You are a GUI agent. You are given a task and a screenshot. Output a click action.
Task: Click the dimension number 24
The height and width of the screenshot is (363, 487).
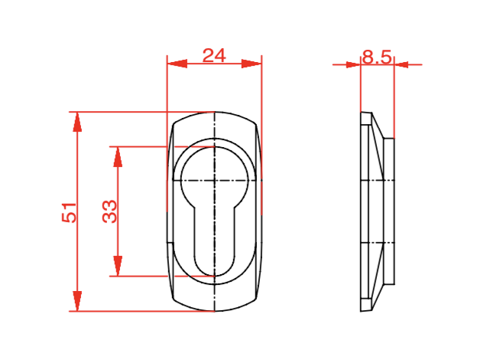pyautogui.click(x=214, y=56)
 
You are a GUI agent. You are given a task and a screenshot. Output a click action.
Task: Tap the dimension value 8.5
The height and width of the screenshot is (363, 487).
pyautogui.click(x=377, y=57)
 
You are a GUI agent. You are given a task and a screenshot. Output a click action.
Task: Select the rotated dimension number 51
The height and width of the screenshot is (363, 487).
pyautogui.click(x=69, y=212)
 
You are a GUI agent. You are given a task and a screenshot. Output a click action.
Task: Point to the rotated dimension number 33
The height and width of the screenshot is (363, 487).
pyautogui.click(x=109, y=211)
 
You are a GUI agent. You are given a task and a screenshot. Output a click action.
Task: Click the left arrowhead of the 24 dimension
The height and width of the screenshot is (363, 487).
pyautogui.click(x=177, y=64)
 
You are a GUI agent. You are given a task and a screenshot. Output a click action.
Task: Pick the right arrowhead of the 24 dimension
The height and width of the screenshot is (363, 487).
pyautogui.click(x=252, y=64)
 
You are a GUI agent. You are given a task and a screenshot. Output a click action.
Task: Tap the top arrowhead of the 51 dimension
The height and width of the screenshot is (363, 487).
pyautogui.click(x=77, y=122)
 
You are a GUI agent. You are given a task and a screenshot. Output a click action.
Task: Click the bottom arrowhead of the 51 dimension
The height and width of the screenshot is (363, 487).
pyautogui.click(x=77, y=301)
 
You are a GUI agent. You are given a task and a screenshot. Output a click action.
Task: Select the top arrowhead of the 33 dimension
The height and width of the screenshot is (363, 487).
pyautogui.click(x=118, y=157)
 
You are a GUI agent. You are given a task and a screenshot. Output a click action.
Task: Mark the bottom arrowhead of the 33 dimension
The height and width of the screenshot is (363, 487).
pyautogui.click(x=118, y=266)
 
